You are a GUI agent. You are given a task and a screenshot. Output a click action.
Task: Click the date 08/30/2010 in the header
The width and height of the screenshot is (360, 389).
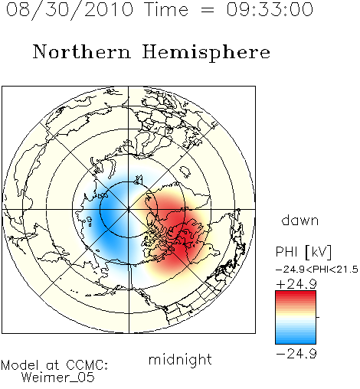pos(70,10)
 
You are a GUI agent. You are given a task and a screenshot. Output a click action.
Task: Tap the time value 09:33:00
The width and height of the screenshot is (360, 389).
pos(270,10)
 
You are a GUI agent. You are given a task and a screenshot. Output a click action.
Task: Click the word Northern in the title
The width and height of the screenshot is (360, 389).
pos(82,51)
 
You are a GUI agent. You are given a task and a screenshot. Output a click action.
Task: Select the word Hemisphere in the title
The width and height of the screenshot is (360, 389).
pos(206,53)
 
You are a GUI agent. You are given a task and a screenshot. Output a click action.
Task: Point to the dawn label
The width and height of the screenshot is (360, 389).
pos(300,221)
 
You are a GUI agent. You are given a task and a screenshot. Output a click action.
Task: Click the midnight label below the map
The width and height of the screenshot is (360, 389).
pos(180,360)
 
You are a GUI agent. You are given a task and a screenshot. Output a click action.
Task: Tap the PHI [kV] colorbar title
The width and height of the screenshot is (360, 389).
pos(303,252)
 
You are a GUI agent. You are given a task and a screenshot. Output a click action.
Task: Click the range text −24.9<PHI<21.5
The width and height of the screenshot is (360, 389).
pos(317,270)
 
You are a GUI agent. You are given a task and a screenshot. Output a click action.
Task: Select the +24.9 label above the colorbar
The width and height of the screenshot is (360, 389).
pos(296,284)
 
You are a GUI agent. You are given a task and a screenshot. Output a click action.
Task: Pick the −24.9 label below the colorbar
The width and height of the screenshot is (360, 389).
pos(296,354)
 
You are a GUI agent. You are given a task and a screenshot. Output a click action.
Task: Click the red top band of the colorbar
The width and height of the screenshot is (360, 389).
pos(296,295)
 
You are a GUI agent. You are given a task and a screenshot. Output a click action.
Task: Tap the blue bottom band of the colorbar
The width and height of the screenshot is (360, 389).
pos(296,339)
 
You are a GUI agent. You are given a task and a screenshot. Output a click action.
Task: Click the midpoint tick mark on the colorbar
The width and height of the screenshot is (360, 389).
pos(318,317)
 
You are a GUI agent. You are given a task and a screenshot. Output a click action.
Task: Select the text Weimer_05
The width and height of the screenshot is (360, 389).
pos(58,378)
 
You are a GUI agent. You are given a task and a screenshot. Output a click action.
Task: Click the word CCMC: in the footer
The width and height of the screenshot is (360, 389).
pos(87,365)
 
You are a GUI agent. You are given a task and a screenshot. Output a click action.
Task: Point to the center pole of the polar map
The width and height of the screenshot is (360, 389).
pos(129,210)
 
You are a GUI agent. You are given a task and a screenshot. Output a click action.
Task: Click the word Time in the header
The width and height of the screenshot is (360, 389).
pos(166,10)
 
